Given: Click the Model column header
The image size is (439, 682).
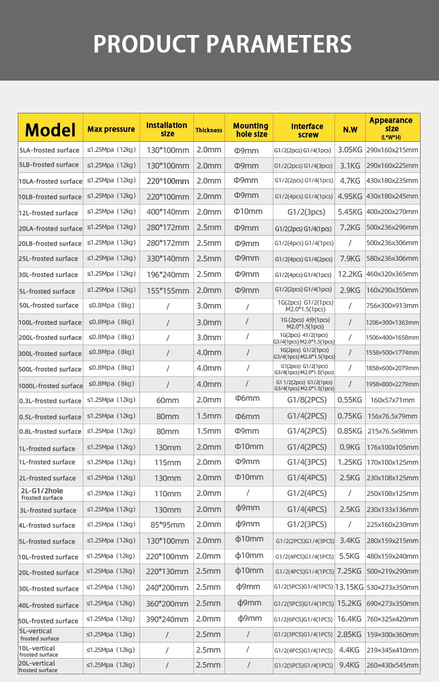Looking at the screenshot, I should click(50, 130).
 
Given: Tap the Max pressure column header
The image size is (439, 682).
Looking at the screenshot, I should click(111, 130).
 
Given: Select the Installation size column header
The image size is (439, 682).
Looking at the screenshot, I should click(167, 130).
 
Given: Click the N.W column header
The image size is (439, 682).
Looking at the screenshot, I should click(350, 130).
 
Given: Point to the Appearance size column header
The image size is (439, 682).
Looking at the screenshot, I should click(391, 128).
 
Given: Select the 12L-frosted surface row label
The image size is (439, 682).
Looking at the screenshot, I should click(48, 213).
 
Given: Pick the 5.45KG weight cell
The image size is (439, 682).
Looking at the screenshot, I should click(350, 212).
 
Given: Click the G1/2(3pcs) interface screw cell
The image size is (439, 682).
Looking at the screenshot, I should click(306, 212).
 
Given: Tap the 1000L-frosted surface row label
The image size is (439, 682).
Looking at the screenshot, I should click(51, 386).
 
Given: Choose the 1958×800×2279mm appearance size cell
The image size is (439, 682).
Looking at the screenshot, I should click(392, 384).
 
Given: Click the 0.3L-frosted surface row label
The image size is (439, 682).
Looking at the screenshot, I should click(50, 401).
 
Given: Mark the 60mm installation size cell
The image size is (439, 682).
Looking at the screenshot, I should click(167, 400).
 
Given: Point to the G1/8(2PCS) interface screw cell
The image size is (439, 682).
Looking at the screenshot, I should click(307, 400).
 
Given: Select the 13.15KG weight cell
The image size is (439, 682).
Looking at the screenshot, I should click(350, 587).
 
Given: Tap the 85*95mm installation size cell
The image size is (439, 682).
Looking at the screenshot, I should click(167, 525).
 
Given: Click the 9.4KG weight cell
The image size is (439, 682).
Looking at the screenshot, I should click(350, 665).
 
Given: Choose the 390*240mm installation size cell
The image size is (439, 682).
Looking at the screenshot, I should click(167, 619).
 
